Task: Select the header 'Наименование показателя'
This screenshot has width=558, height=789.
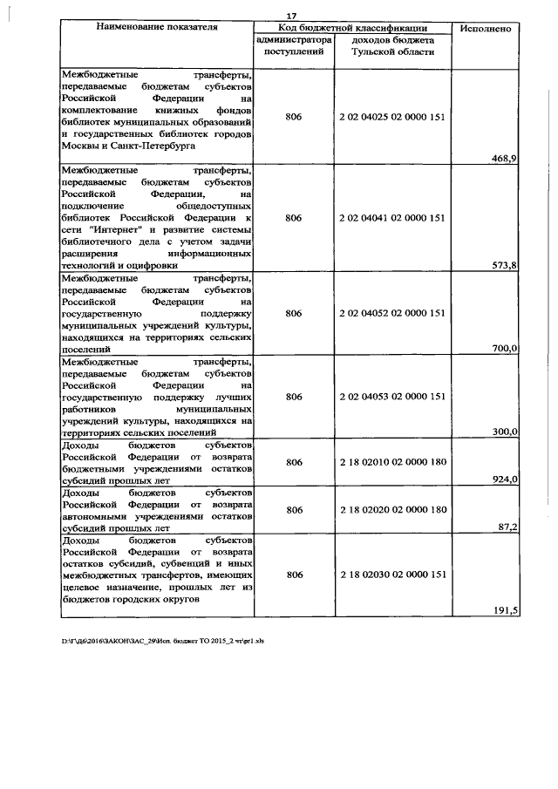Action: click(x=157, y=28)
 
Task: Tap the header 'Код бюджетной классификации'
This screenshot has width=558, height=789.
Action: click(x=352, y=28)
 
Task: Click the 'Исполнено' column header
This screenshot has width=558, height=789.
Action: click(x=486, y=29)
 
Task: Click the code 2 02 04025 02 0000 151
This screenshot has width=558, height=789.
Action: click(x=392, y=116)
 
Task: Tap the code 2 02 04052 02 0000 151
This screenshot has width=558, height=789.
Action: click(x=392, y=312)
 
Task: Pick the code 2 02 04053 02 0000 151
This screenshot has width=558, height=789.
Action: click(x=392, y=396)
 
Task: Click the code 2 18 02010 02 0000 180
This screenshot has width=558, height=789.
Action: click(x=392, y=461)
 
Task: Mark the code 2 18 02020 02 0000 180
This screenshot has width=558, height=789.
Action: click(x=392, y=509)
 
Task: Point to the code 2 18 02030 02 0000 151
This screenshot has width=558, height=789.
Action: click(x=392, y=575)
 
